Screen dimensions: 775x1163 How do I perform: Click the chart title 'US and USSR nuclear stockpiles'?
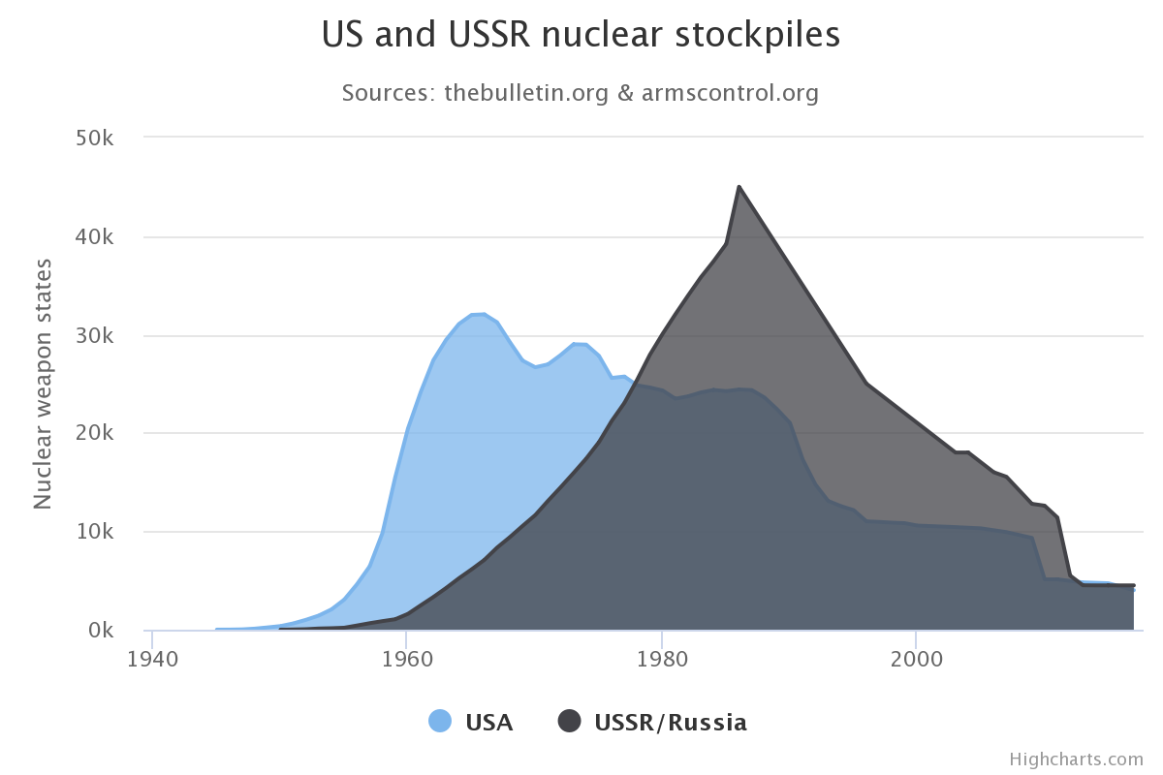tap(581, 36)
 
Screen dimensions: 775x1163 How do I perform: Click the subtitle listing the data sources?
tap(581, 93)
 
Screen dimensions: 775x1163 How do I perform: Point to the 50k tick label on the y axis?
tap(95, 138)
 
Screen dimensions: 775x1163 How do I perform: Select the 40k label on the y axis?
tap(95, 236)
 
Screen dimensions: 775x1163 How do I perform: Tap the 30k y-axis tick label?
tap(95, 335)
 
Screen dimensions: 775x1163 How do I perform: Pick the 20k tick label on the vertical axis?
tap(95, 434)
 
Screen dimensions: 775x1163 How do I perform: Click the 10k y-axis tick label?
tap(95, 533)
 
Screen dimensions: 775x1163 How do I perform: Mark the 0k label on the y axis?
tap(101, 632)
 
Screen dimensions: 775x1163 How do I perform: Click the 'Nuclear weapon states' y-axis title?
tap(43, 384)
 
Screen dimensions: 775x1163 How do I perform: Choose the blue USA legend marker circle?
tap(440, 722)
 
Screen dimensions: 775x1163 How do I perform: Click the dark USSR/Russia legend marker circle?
tap(569, 722)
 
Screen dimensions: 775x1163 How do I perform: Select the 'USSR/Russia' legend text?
tap(671, 723)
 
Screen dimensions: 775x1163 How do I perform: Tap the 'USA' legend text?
tap(488, 723)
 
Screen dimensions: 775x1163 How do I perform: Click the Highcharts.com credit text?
tap(1076, 759)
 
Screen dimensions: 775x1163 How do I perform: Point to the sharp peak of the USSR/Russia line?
tap(739, 186)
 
